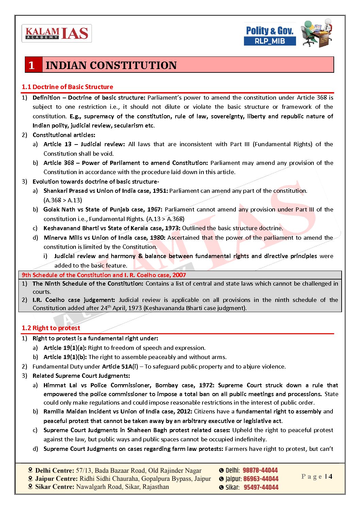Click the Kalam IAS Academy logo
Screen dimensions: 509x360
pyautogui.click(x=56, y=33)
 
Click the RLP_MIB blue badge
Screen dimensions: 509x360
pyautogui.click(x=270, y=41)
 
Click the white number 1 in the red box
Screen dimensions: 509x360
pyautogui.click(x=32, y=65)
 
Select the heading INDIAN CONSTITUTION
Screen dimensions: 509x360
pyautogui.click(x=111, y=65)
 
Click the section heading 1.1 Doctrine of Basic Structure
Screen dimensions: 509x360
pyautogui.click(x=67, y=87)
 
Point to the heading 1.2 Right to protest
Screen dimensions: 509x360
pyautogui.click(x=51, y=328)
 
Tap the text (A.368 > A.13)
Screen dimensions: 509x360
pyautogui.click(x=63, y=200)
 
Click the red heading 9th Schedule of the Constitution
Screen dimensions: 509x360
pyautogui.click(x=67, y=275)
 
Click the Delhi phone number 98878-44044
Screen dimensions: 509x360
pyautogui.click(x=260, y=470)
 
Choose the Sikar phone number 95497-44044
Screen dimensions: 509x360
pyautogui.click(x=261, y=487)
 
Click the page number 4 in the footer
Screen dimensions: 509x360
pyautogui.click(x=330, y=476)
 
